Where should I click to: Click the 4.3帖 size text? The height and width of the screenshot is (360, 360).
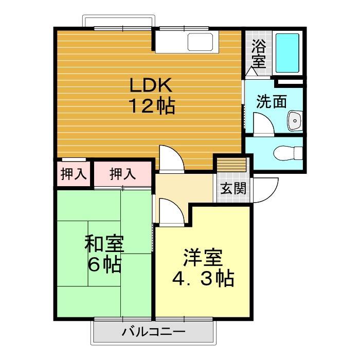(x=203, y=279)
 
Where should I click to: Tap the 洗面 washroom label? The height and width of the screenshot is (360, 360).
(x=272, y=101)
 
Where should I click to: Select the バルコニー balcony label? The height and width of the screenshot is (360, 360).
(x=153, y=332)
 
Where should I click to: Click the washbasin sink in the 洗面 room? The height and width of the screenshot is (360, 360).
(x=294, y=120)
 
